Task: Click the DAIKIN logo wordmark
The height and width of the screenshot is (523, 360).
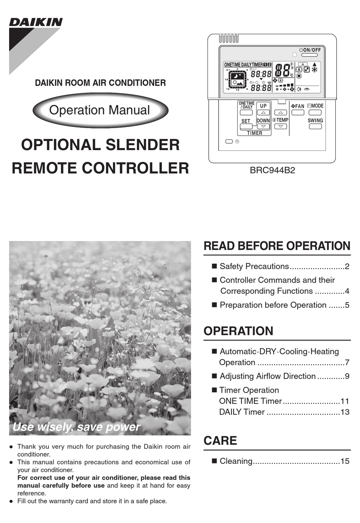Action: point(36,22)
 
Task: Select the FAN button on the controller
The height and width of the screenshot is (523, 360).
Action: point(297,113)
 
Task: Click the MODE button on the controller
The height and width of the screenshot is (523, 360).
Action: point(315,113)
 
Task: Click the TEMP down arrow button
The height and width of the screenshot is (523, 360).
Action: point(280,126)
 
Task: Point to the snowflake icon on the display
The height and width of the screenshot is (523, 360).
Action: point(315,70)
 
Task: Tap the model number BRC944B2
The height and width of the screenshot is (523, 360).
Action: point(272,171)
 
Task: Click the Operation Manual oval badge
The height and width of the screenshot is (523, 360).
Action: point(100,110)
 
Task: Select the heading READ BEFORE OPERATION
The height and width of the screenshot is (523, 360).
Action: point(277,246)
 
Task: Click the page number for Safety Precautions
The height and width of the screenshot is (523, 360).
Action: point(347,266)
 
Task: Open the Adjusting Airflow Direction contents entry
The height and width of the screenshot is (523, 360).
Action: point(267,376)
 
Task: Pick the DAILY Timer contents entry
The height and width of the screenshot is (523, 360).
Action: point(242,412)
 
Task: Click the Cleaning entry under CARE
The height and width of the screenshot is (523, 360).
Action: point(236,461)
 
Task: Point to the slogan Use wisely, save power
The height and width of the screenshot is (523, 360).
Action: point(76,427)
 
